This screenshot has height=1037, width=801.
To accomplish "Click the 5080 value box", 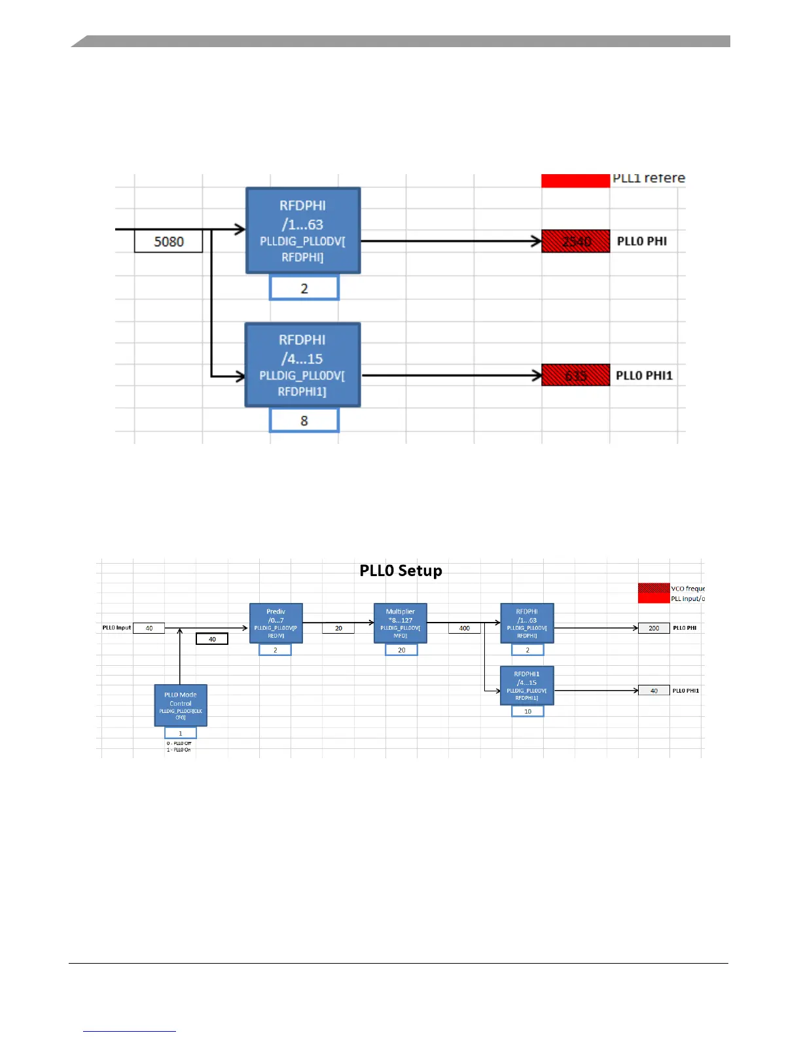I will coord(168,242).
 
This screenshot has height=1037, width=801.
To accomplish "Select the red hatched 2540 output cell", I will coord(575,242).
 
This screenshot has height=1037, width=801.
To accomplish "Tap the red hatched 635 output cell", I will coord(575,376).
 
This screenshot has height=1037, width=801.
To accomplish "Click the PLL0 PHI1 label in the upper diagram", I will coord(644,376).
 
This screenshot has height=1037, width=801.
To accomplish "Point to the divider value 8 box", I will coord(304,420).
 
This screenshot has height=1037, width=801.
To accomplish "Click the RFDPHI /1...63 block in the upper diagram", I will coord(303,230).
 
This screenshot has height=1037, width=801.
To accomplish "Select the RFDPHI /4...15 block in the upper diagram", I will coord(302,365).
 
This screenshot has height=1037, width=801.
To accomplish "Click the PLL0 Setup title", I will coord(400,571).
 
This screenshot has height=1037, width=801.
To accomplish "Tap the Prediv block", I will coord(276,623).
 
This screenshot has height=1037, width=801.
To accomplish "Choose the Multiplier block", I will coord(400,623).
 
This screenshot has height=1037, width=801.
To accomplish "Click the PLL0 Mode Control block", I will coord(181,705).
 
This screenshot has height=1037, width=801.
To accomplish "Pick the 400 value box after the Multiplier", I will coord(465,628).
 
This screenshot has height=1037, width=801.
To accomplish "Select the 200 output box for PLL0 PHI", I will coord(654,628).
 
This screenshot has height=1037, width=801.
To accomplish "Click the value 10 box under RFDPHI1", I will coord(527,712).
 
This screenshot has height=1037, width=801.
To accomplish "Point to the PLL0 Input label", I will coord(116,628).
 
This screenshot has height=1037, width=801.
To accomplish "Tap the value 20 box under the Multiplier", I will coord(401,650).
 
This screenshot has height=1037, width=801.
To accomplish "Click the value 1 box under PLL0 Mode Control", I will coord(181,733).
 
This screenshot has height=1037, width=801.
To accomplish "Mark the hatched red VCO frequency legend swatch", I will coord(653,588).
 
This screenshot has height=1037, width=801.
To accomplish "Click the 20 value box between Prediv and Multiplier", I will coord(338,628).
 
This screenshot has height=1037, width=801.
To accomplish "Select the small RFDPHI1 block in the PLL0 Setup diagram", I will coord(527,685).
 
